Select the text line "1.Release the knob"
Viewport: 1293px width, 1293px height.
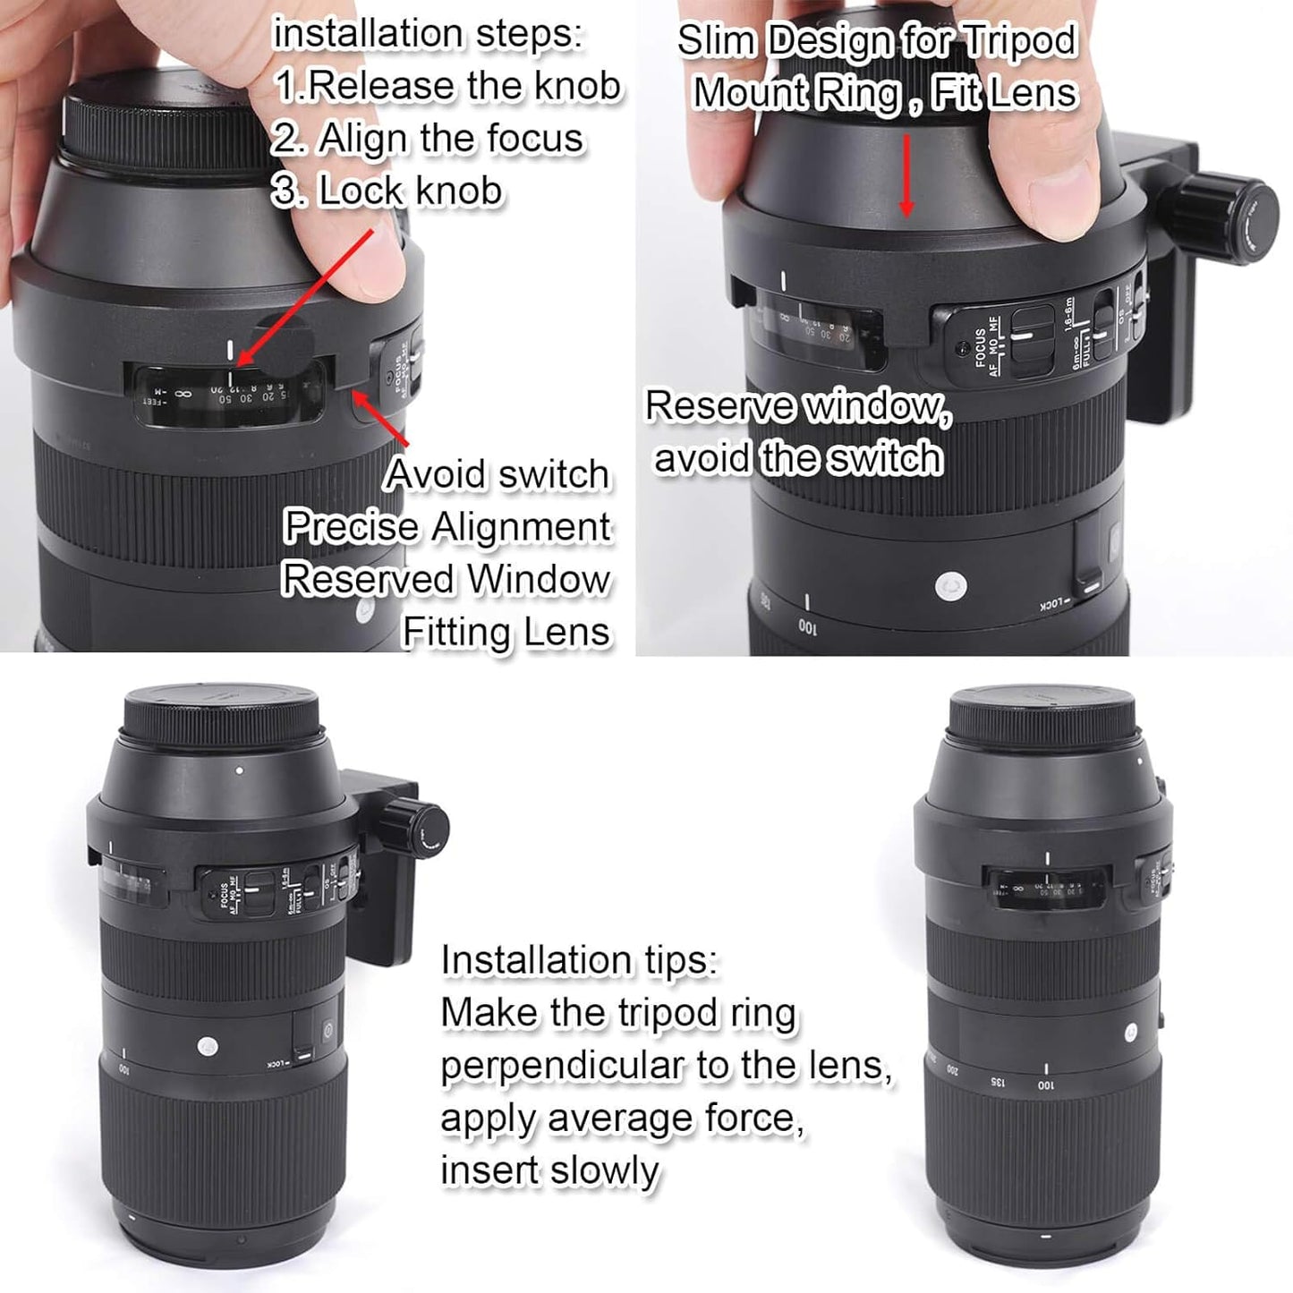coord(447,86)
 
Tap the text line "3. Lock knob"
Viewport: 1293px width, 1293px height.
coord(388,191)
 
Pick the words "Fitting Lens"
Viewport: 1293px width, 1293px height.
coord(506,632)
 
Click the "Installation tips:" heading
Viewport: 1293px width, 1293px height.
coord(579,960)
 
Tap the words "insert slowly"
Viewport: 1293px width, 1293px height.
coord(549,1170)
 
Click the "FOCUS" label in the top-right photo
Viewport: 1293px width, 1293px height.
coord(979,350)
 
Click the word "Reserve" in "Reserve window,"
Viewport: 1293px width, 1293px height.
coord(719,407)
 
